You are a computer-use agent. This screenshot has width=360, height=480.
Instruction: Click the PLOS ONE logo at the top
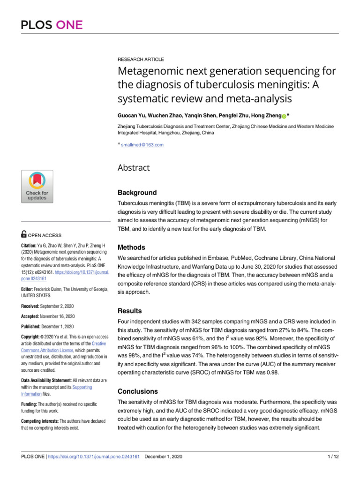(52, 24)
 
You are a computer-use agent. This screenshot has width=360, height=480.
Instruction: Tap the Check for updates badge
(37, 187)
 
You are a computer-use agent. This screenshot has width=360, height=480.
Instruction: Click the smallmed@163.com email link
(142, 145)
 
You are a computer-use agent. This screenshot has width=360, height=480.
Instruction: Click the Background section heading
(137, 193)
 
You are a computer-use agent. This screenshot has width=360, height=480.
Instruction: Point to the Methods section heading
(132, 247)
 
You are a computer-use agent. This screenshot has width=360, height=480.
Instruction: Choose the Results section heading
(130, 310)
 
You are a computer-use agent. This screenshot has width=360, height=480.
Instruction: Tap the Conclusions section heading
(137, 391)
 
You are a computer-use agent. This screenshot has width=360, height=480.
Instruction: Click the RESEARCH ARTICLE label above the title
(141, 60)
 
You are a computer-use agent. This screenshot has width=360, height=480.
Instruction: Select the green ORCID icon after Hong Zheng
(284, 116)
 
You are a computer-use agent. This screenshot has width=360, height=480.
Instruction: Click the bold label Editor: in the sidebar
(29, 289)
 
